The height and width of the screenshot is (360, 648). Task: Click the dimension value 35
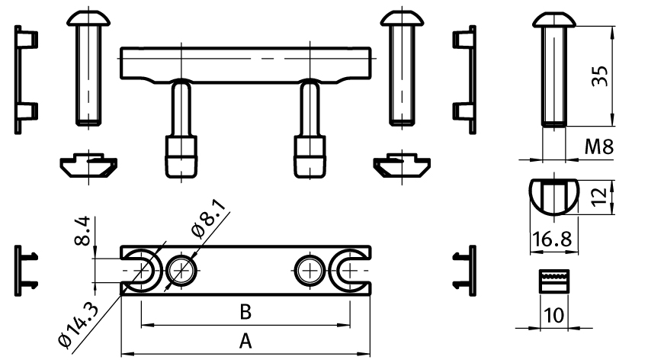coord(600,76)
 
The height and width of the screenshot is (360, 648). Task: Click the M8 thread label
coord(599,146)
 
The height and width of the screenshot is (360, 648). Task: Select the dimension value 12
coord(600,196)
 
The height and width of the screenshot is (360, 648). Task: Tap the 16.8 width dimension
coord(552,239)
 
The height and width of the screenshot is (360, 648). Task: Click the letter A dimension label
coord(245,341)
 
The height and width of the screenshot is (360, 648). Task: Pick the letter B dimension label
coord(245,312)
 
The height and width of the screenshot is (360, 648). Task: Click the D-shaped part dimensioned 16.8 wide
coord(552,194)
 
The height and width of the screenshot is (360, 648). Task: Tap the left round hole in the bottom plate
coord(182,269)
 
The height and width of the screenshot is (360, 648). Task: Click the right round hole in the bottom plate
coord(311,269)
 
